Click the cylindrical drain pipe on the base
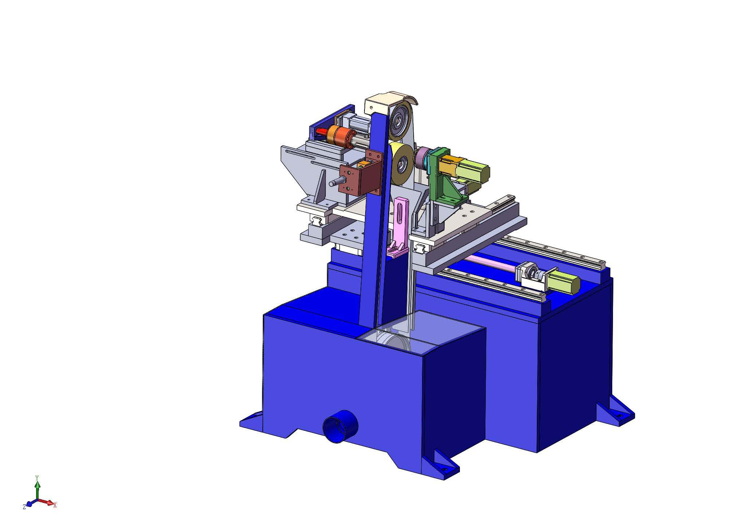pyautogui.click(x=340, y=426)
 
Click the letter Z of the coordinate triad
pyautogui.click(x=24, y=507)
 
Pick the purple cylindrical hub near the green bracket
pyautogui.click(x=422, y=158)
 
